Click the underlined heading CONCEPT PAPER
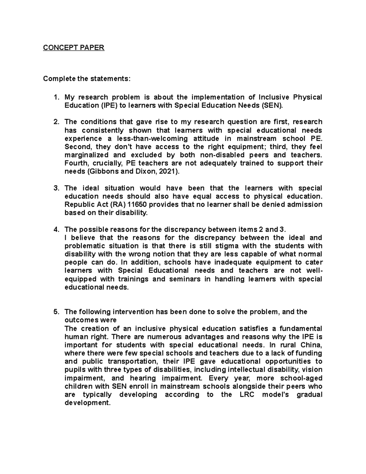pos(74,48)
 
